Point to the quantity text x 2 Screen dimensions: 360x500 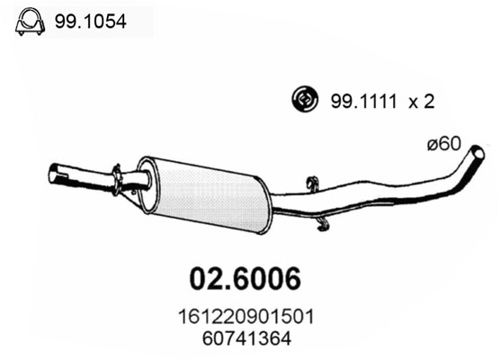[x=421, y=102]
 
